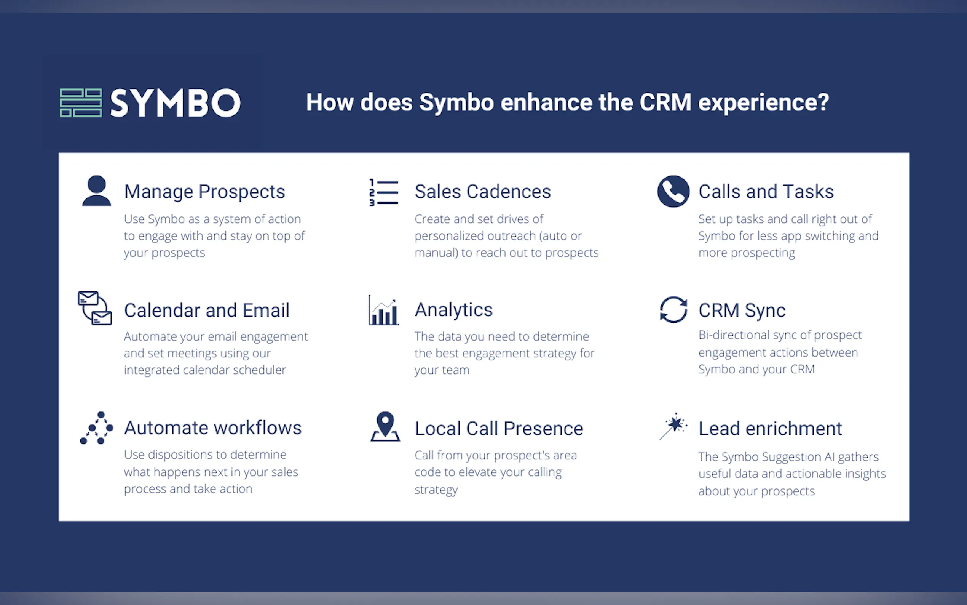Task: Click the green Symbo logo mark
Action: (x=81, y=103)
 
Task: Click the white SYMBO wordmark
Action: (x=176, y=103)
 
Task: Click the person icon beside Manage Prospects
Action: (x=96, y=190)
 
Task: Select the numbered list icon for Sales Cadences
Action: (x=384, y=192)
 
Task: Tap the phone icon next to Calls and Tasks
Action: (x=673, y=191)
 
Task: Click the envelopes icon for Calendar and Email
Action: (x=95, y=308)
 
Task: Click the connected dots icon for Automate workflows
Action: (x=96, y=428)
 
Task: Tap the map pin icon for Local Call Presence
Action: (x=385, y=427)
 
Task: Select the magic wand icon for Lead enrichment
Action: (x=673, y=427)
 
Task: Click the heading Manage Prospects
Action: (x=205, y=192)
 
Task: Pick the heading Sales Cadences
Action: (x=482, y=191)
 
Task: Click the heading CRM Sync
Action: (x=742, y=311)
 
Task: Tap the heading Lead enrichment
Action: (x=770, y=429)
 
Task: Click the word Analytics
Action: (x=454, y=310)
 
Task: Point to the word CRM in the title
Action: (x=665, y=102)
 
